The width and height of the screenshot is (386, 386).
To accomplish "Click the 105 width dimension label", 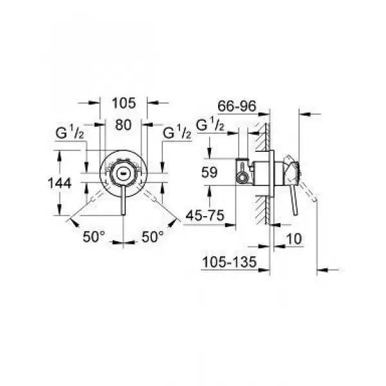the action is pyautogui.click(x=124, y=103).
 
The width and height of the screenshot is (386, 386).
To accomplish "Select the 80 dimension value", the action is pyautogui.click(x=123, y=125).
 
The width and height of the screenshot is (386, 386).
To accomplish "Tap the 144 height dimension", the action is pyautogui.click(x=60, y=183).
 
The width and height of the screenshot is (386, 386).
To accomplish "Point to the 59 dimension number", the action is pyautogui.click(x=209, y=172).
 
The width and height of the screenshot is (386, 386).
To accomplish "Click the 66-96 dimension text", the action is pyautogui.click(x=237, y=106).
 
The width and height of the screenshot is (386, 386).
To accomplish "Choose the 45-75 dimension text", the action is pyautogui.click(x=205, y=216).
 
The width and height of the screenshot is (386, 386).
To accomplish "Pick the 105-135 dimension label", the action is pyautogui.click(x=230, y=262).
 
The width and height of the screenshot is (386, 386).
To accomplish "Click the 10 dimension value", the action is pyautogui.click(x=294, y=239).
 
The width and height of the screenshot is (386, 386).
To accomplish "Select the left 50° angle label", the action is pyautogui.click(x=93, y=237).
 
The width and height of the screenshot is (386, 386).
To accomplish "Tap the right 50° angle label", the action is pyautogui.click(x=152, y=237).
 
